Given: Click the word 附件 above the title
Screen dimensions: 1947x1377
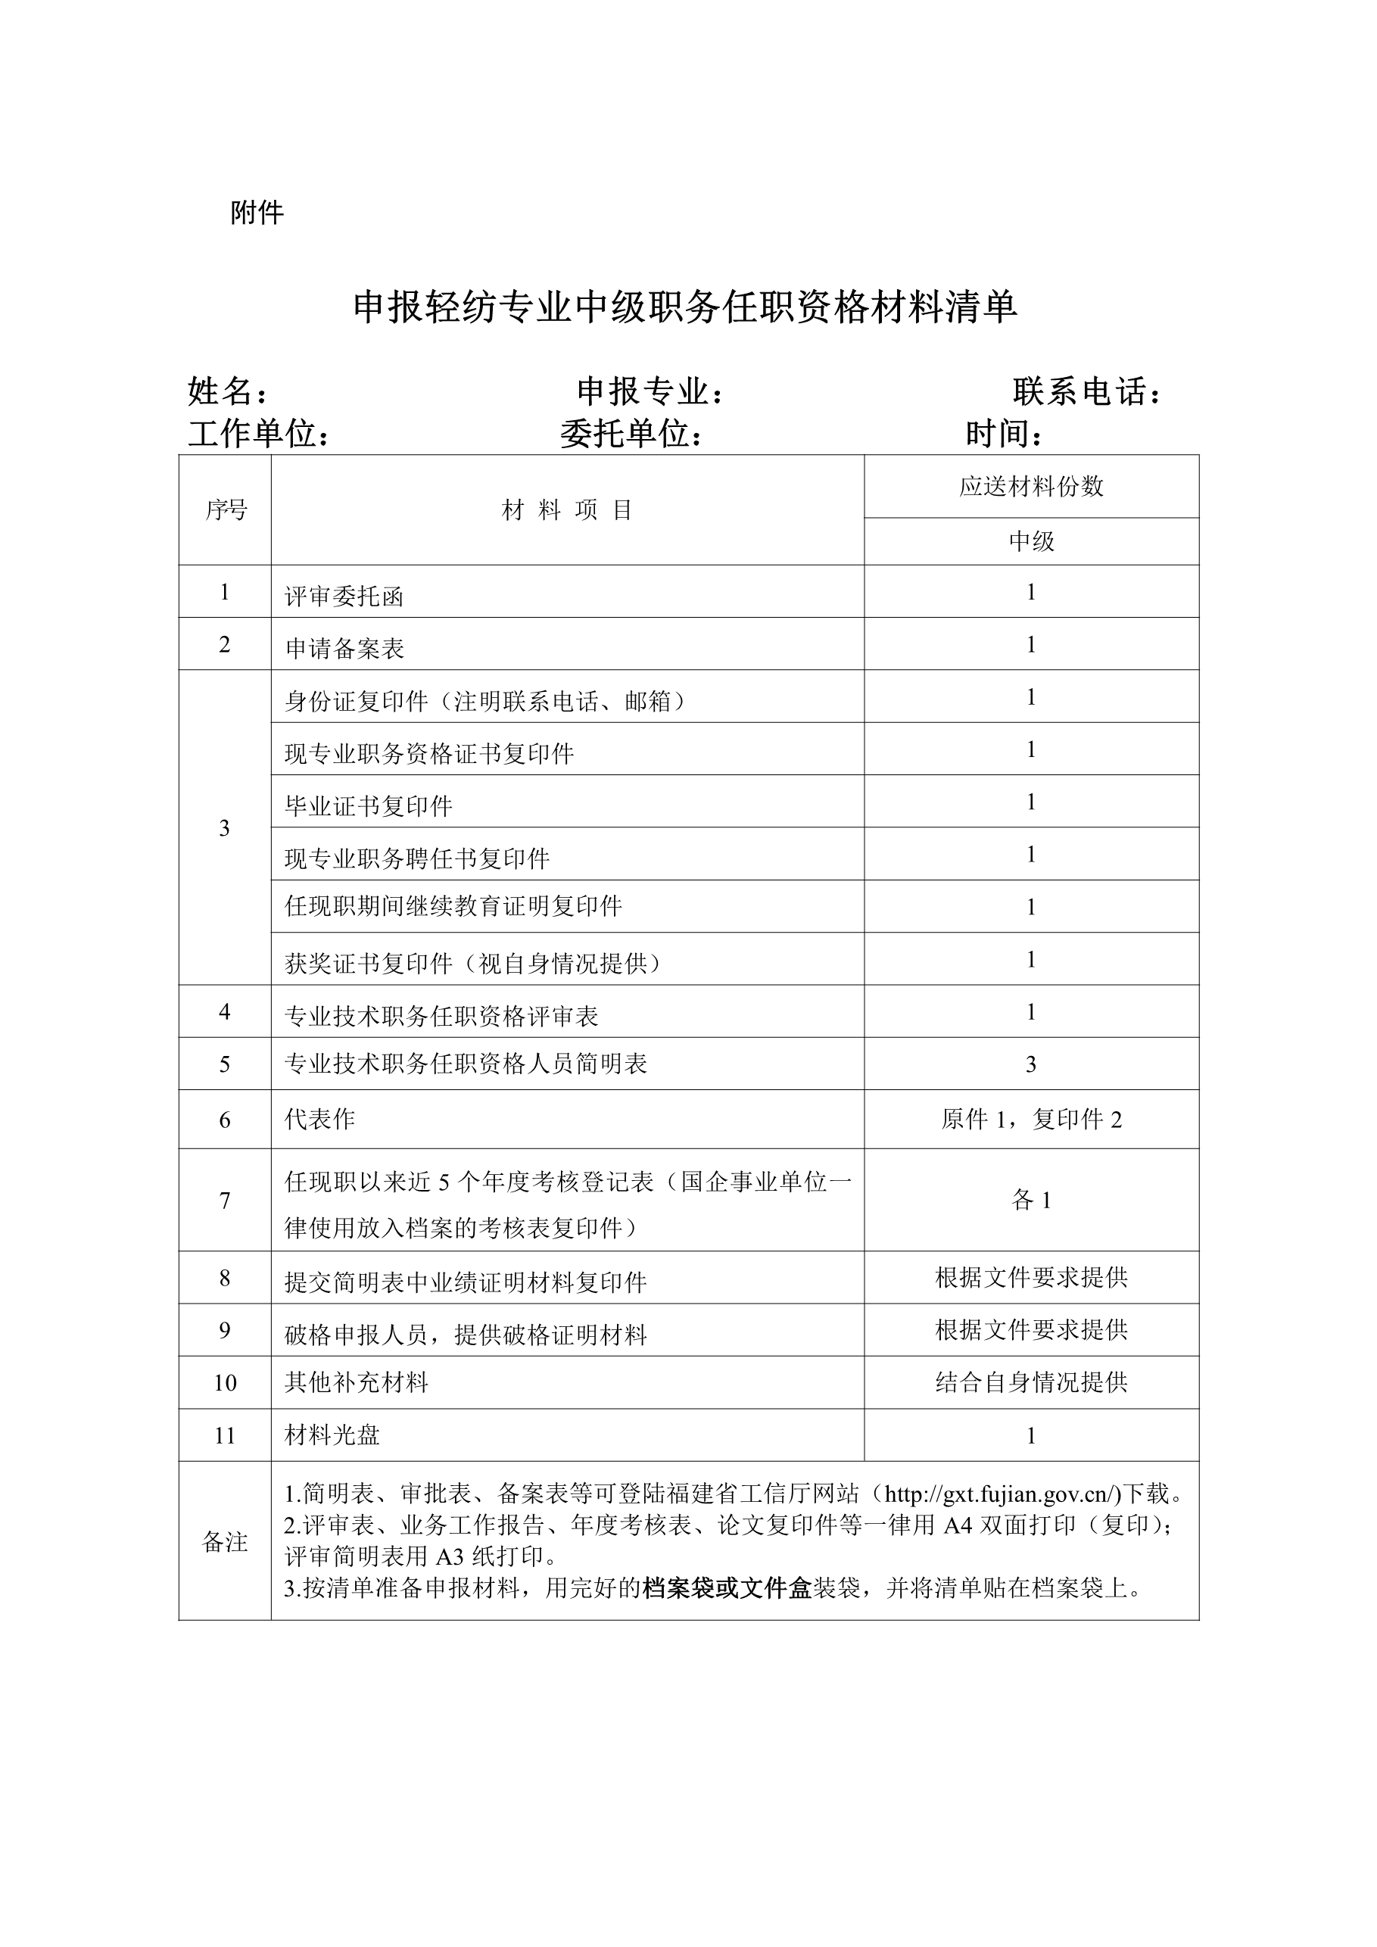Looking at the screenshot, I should point(257,213).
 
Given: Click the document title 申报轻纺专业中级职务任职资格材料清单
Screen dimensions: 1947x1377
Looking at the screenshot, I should point(685,307).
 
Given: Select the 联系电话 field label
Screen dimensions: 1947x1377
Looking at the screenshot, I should point(1086,392).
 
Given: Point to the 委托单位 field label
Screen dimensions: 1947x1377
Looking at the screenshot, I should point(631,435).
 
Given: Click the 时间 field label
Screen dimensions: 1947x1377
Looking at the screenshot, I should point(1003,435).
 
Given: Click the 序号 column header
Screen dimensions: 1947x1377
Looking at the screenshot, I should point(226,509).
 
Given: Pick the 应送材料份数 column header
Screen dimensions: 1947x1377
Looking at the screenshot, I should point(1031,486).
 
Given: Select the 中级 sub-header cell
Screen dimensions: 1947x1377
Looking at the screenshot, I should point(1031,541).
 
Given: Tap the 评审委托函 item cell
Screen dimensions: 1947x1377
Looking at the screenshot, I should point(344,597).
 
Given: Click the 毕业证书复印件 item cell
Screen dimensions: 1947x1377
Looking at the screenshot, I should point(369,805).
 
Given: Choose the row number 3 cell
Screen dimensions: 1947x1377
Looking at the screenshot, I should point(225,827).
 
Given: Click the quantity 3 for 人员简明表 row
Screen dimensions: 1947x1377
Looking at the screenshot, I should point(1031,1064).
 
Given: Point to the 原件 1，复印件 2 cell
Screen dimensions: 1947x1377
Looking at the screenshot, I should point(1031,1120).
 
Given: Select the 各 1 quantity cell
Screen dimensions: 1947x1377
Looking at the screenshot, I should point(1031,1200).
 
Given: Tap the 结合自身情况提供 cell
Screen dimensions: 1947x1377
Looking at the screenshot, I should point(1031,1382).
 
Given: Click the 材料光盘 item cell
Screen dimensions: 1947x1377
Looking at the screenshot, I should point(332,1435).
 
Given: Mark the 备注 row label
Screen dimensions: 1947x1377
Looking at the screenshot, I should point(226,1542).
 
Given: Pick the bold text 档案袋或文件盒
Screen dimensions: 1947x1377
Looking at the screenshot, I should point(727,1587).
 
